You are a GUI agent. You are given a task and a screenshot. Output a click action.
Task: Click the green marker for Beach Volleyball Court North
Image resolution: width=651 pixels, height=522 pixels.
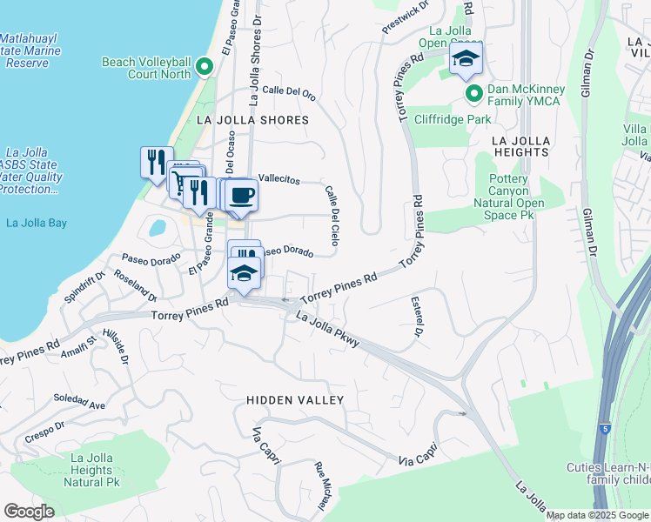204,67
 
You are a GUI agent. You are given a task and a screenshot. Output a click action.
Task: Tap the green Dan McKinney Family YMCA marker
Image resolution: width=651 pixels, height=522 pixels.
473,94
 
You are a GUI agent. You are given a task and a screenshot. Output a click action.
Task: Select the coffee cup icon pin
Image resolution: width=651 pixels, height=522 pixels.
242,195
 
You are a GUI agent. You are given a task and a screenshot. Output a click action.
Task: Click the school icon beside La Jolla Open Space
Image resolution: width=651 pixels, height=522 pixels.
466,60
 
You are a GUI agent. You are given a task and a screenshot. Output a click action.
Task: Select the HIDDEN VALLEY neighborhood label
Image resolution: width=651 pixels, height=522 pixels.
295,400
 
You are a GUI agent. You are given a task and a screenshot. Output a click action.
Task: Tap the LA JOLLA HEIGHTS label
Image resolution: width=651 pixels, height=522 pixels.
520,145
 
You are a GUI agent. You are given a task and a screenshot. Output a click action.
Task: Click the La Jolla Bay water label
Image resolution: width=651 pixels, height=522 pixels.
37,223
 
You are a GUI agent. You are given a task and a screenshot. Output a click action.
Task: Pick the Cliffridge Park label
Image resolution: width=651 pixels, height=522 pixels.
452,119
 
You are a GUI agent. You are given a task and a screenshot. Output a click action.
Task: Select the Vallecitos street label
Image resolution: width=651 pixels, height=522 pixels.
279,179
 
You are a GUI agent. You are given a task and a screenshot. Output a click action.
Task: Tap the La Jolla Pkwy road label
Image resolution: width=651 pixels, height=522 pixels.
327,330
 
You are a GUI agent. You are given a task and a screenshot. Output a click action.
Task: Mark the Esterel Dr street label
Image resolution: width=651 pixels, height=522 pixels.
417,317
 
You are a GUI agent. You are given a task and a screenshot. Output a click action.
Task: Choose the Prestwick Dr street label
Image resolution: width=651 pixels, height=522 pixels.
406,18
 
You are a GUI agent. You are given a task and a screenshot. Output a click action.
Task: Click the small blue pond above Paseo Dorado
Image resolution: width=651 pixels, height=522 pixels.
158,228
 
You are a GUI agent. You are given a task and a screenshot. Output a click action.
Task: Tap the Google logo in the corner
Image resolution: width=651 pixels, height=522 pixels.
30,511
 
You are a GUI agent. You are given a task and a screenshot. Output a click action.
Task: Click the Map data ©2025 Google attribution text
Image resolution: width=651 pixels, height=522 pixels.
597,515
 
